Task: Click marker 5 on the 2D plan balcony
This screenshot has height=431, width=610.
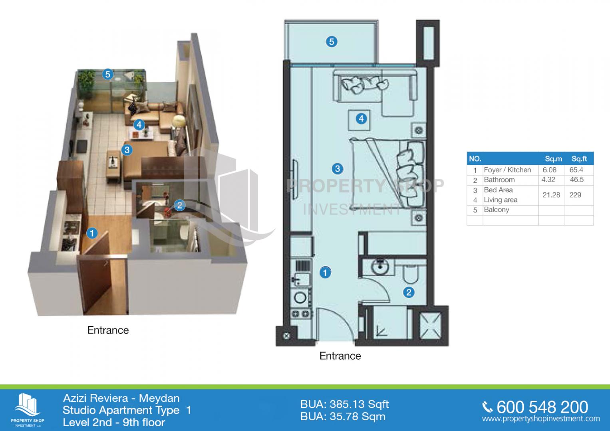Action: pyautogui.click(x=332, y=42)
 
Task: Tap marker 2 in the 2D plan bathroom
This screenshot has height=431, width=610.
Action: pyautogui.click(x=409, y=293)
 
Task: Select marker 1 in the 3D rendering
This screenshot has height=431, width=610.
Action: pyautogui.click(x=92, y=233)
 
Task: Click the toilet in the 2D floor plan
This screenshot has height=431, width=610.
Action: pyautogui.click(x=411, y=274)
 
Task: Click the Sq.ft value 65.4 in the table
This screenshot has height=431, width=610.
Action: pyautogui.click(x=576, y=170)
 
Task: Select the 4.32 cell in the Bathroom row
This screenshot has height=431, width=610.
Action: pyautogui.click(x=548, y=180)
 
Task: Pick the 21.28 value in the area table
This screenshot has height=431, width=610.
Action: pyautogui.click(x=551, y=195)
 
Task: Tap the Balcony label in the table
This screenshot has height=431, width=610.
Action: pyautogui.click(x=496, y=210)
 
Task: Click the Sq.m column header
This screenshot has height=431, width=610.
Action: pyautogui.click(x=553, y=159)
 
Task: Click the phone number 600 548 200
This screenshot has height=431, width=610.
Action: pyautogui.click(x=542, y=407)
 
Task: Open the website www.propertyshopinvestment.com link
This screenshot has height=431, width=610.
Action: pyautogui.click(x=541, y=419)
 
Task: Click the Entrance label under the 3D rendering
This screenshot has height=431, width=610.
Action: pyautogui.click(x=108, y=330)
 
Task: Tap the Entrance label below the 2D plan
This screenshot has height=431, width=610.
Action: pyautogui.click(x=340, y=356)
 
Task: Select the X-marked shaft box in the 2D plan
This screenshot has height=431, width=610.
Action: pyautogui.click(x=430, y=326)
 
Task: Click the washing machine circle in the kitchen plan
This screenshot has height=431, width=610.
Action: pyautogui.click(x=300, y=298)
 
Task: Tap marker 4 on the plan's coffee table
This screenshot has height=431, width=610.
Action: pyautogui.click(x=361, y=119)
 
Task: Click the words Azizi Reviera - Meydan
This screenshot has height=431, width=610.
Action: pyautogui.click(x=121, y=398)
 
